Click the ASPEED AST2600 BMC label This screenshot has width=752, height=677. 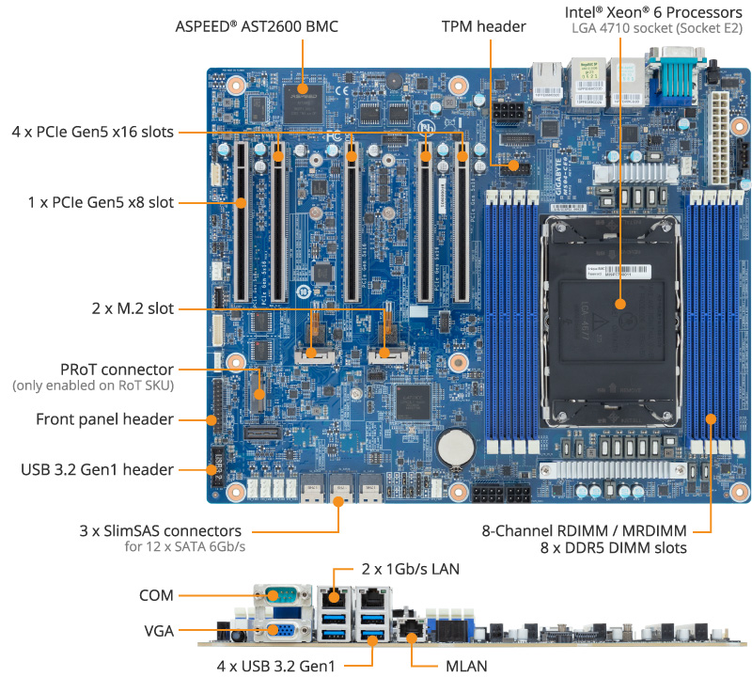pyautogui.click(x=257, y=26)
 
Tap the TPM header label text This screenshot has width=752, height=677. pyautogui.click(x=483, y=26)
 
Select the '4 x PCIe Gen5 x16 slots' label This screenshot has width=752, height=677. pyautogui.click(x=92, y=132)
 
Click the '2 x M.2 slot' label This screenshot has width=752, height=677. pyautogui.click(x=126, y=308)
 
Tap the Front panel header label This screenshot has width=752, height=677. pyautogui.click(x=104, y=419)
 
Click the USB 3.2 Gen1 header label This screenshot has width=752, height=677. pyautogui.click(x=97, y=469)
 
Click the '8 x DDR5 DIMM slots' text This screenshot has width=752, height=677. pyautogui.click(x=613, y=547)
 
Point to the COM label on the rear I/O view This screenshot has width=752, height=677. pyautogui.click(x=155, y=594)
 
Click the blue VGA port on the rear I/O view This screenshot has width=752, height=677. pyautogui.click(x=279, y=633)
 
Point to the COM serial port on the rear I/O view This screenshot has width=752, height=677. pyautogui.click(x=280, y=594)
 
